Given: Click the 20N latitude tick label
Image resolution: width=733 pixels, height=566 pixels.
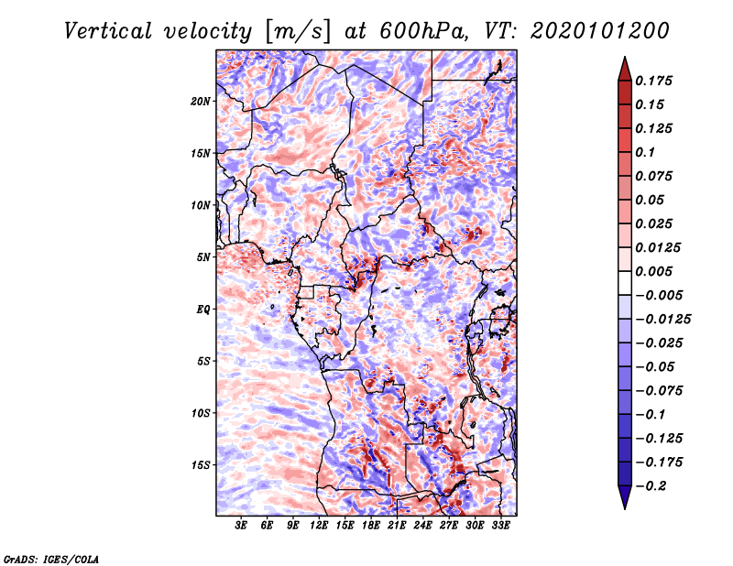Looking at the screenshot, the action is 201,102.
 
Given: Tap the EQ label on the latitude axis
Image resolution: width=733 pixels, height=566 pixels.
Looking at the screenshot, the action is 202,310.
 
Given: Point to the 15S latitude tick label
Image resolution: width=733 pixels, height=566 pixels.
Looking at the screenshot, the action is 201,465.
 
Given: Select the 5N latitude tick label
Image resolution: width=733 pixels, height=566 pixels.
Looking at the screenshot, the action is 203,257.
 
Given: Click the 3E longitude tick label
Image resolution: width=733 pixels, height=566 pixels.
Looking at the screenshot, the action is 241,525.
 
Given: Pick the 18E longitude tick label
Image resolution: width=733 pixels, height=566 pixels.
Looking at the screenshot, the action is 371,525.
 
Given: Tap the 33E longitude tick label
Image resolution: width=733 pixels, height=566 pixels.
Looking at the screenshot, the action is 500,525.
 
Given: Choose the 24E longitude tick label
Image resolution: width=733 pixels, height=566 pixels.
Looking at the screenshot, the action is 422,525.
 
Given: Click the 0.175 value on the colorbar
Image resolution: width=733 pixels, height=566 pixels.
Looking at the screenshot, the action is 653,81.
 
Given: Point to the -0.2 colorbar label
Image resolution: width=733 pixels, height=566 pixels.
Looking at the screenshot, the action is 651,486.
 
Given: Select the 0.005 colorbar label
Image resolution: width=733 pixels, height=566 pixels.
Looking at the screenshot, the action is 653,271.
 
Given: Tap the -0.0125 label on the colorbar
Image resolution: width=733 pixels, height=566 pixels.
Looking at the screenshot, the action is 662,320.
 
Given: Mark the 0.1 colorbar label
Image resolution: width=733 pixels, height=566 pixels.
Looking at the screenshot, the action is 645,152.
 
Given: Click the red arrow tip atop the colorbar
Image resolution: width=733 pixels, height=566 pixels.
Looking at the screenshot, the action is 625,57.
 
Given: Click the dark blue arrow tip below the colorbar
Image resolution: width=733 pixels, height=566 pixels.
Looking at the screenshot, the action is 625,508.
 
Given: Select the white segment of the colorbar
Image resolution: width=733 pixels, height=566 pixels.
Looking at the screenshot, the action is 625,283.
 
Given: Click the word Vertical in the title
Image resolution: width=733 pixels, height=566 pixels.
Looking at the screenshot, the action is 108,31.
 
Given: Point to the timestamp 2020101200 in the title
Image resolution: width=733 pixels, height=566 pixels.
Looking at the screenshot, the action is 600,31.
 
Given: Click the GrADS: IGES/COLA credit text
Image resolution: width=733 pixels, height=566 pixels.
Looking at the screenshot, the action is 51,559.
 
